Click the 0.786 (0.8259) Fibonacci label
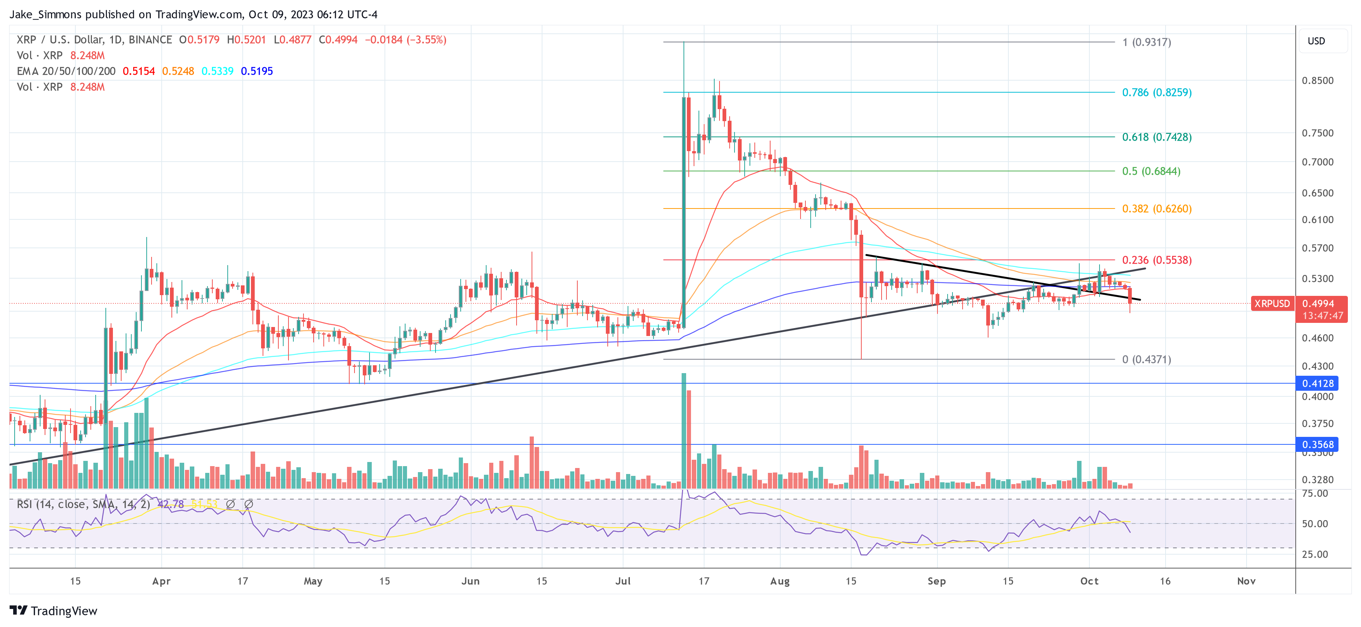[x=1157, y=93]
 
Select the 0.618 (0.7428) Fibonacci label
[x=1157, y=137]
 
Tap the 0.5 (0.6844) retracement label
[x=1151, y=171]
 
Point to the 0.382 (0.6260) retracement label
[x=1157, y=208]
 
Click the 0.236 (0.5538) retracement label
[x=1157, y=260]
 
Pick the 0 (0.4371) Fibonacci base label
[x=1146, y=359]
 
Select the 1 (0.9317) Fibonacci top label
[x=1146, y=42]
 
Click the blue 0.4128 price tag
[x=1317, y=384]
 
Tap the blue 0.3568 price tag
[x=1317, y=445]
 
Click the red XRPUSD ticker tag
[x=1272, y=304]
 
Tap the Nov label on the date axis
[x=1246, y=581]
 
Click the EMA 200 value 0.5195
[x=257, y=71]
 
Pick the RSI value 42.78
[x=171, y=504]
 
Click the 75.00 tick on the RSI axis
[x=1314, y=493]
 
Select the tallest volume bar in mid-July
[x=684, y=430]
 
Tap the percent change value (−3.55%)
[x=427, y=40]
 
